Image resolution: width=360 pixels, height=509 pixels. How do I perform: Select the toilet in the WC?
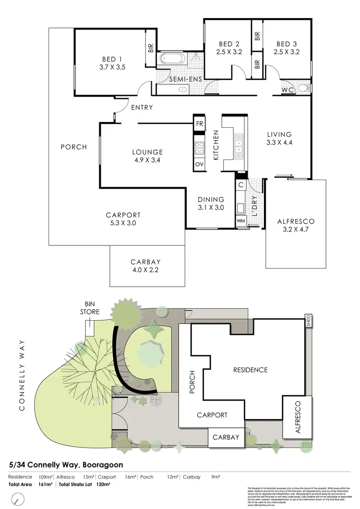301,88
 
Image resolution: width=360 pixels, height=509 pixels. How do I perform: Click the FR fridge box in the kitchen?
199,123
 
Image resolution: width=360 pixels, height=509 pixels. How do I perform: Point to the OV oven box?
199,164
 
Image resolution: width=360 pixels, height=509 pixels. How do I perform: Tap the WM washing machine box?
240,221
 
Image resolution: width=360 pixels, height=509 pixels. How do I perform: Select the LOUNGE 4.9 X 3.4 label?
147,156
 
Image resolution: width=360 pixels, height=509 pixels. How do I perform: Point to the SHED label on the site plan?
309,320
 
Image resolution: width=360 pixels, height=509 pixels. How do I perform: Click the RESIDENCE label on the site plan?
250,370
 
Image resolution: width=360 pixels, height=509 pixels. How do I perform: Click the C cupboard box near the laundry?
240,184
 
